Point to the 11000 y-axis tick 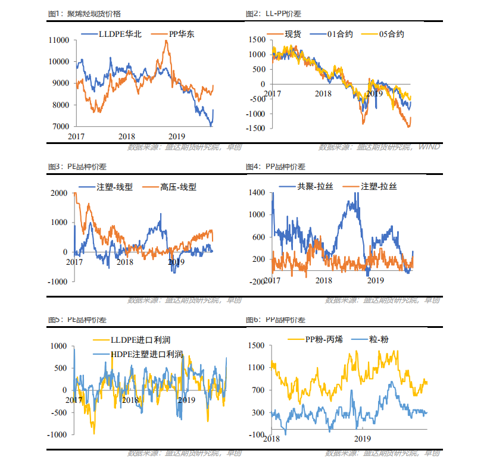(x=60, y=40)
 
